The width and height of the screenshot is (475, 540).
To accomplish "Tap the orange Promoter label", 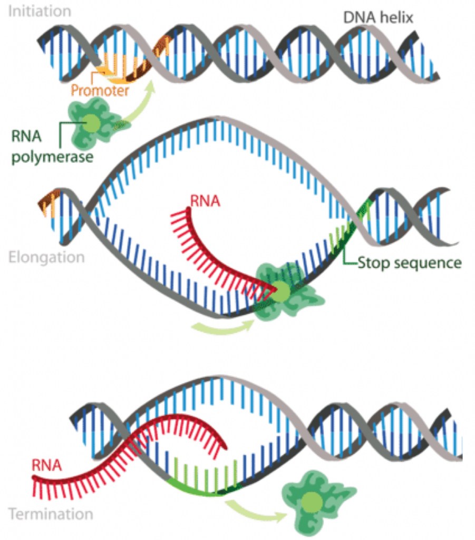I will coord(100,90).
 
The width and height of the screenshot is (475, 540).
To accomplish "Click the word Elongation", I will coord(46,257).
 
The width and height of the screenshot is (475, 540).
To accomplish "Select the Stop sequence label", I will coord(409,262).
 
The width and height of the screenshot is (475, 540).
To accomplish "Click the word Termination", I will coord(51,513).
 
